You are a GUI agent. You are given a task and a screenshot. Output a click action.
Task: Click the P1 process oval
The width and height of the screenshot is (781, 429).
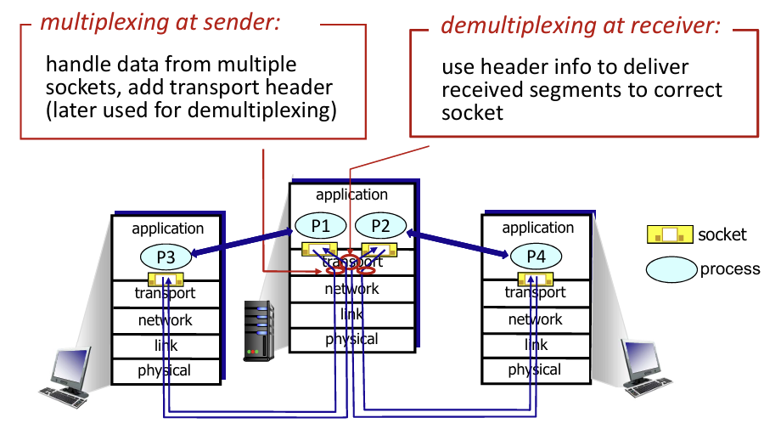[x=321, y=226]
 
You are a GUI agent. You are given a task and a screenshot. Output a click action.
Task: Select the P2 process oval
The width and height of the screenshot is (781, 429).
[x=380, y=226]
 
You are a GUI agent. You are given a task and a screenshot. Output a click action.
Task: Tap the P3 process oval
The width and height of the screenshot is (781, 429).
[x=166, y=257]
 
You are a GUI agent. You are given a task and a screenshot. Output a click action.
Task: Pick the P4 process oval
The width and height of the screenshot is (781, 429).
[x=536, y=256]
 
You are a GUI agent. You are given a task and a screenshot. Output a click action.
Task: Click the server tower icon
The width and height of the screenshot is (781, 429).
[x=259, y=330]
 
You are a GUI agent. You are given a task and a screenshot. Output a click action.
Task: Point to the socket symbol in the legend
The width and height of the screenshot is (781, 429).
[x=670, y=234]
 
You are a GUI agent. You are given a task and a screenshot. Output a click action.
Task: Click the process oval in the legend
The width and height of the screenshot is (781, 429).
[x=671, y=269]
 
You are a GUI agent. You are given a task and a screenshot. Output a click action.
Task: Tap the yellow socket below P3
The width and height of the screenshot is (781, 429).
[x=166, y=279]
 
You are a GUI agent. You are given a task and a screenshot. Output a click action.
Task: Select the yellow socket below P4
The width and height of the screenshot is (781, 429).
[x=536, y=279]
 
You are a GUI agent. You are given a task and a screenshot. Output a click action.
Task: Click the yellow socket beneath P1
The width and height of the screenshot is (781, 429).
[x=320, y=249]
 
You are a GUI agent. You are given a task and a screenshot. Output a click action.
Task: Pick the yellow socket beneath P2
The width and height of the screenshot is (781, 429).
[x=379, y=249]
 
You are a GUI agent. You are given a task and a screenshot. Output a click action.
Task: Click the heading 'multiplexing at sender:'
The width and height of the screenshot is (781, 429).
[x=160, y=22]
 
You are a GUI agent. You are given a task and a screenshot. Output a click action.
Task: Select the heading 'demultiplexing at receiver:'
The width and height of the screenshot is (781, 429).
[x=581, y=25]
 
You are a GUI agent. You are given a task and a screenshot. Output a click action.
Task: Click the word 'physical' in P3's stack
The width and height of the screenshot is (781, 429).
[x=165, y=370]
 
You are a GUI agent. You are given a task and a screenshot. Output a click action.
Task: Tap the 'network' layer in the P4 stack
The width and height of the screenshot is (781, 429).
[x=536, y=319]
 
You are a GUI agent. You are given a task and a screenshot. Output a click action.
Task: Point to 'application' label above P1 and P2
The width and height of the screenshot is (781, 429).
[x=351, y=195]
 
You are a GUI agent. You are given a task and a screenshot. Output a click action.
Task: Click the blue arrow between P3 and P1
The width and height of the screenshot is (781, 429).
[x=242, y=243]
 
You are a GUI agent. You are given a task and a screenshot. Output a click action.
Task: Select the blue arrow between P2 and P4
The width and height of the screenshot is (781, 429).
[x=458, y=244]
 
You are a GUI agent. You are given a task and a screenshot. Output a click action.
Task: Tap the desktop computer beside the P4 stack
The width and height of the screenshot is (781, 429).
[x=644, y=369]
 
